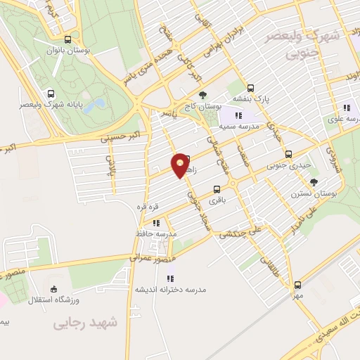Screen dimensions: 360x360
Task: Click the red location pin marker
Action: pos(181,166)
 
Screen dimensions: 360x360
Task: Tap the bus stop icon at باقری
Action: pos(217,188)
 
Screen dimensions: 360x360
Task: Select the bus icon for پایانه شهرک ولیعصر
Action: pos(51,94)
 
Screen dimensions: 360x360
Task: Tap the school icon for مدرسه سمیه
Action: pos(238,115)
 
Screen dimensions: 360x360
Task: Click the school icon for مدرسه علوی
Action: pos(346,108)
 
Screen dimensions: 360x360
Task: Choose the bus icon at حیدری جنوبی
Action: pos(288,155)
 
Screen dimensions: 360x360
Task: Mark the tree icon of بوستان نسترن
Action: pos(314,182)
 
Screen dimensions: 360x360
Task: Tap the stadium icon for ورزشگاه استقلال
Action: pos(54,289)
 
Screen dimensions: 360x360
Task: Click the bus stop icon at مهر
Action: pos(298,285)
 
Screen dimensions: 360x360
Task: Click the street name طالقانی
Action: pos(269,266)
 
